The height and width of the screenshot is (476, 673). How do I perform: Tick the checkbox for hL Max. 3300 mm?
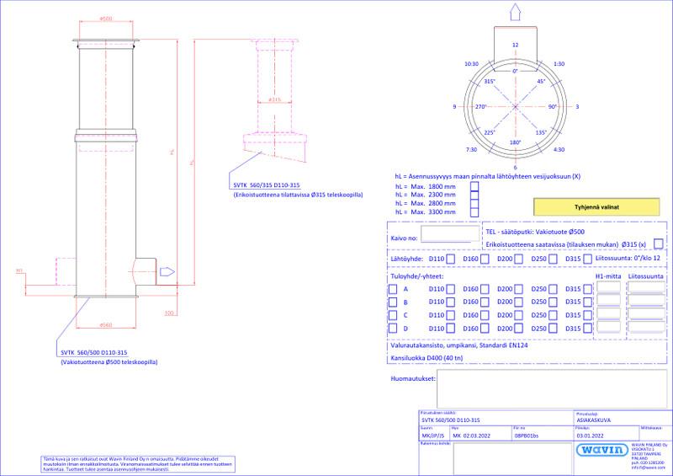click(x=474, y=214)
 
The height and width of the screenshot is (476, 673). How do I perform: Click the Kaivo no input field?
click(x=447, y=236)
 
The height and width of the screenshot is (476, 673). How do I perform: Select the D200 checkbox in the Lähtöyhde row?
click(x=519, y=259)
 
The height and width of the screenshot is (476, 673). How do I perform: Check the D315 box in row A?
click(x=587, y=289)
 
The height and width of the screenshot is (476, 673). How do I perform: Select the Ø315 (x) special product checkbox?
click(x=658, y=244)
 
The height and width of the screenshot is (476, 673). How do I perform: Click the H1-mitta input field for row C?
click(x=608, y=314)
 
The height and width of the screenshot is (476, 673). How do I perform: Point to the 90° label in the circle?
click(x=553, y=107)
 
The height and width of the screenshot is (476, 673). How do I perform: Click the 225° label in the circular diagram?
click(x=490, y=132)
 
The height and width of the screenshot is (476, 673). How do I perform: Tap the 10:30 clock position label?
click(x=470, y=63)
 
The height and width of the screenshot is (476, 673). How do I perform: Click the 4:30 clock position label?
click(x=559, y=150)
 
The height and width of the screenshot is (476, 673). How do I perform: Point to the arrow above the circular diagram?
click(x=515, y=12)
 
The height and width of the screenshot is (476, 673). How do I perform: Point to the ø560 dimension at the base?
click(x=106, y=325)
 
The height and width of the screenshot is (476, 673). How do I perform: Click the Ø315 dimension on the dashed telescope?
click(x=273, y=99)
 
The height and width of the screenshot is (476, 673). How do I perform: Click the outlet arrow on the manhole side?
click(x=167, y=271)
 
